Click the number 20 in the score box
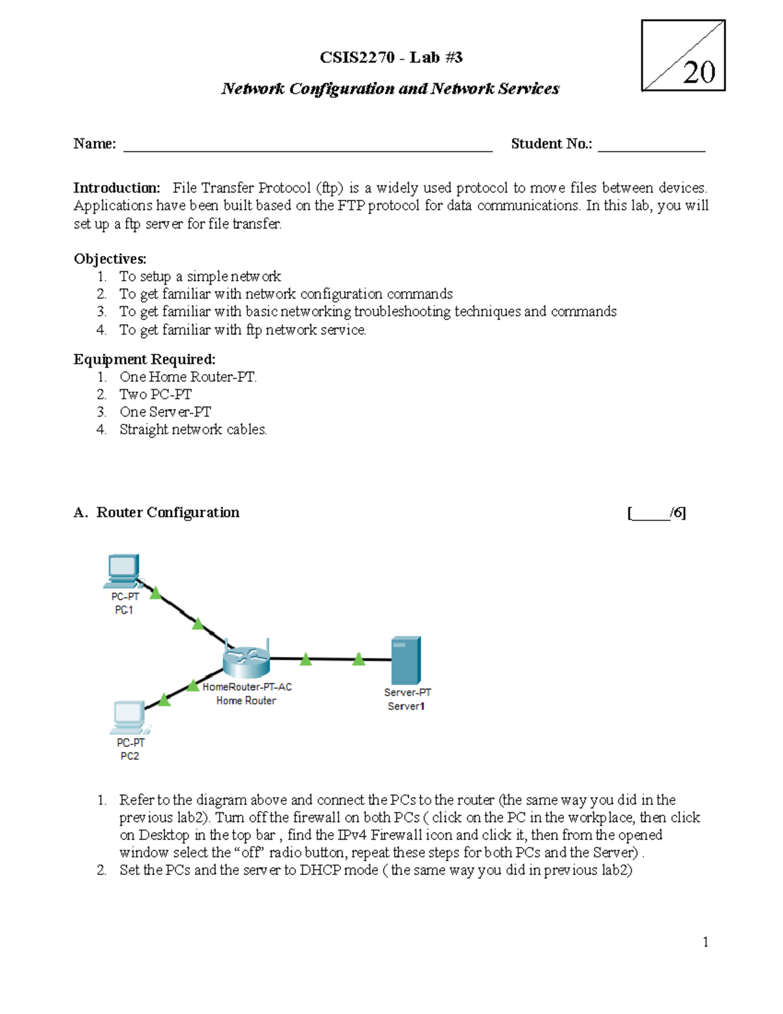[x=699, y=72]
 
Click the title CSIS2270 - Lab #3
[x=391, y=57]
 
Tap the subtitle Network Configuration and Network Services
[x=390, y=89]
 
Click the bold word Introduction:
[x=116, y=188]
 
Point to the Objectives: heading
[x=110, y=259]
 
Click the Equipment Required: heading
[x=144, y=359]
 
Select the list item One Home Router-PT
[x=188, y=377]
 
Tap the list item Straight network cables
[x=192, y=430]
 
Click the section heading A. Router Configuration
[x=157, y=513]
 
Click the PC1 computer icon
[x=123, y=571]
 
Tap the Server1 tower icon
[x=406, y=660]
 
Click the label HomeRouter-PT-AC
[x=247, y=687]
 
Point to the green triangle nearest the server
[x=358, y=659]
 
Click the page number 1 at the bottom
[x=705, y=942]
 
